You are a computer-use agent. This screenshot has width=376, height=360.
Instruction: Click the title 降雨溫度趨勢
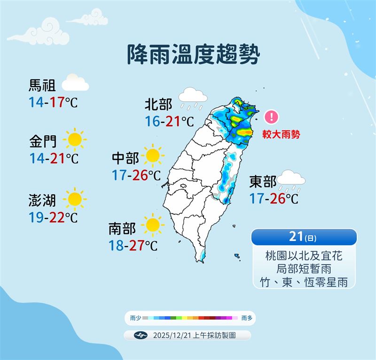click(x=193, y=55)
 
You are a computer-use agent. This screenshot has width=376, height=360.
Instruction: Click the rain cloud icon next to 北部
click(x=193, y=97)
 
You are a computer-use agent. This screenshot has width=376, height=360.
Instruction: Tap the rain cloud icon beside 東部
click(x=291, y=181)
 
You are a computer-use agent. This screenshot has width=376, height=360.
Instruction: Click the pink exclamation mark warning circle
click(x=272, y=117)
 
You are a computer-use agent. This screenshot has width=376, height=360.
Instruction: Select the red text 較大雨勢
click(x=281, y=134)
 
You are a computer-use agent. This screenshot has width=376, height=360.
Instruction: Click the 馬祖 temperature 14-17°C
click(x=53, y=102)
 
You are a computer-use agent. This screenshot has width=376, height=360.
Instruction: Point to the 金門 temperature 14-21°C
click(x=53, y=159)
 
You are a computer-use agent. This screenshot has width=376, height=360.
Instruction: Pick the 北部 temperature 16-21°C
click(x=169, y=121)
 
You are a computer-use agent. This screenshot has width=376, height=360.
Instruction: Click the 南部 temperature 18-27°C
click(x=133, y=245)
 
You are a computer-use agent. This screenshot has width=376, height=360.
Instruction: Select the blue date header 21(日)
click(x=304, y=237)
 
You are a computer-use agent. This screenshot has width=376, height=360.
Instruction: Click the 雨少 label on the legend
click(x=135, y=318)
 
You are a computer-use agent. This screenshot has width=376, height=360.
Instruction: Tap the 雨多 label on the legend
click(x=247, y=318)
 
